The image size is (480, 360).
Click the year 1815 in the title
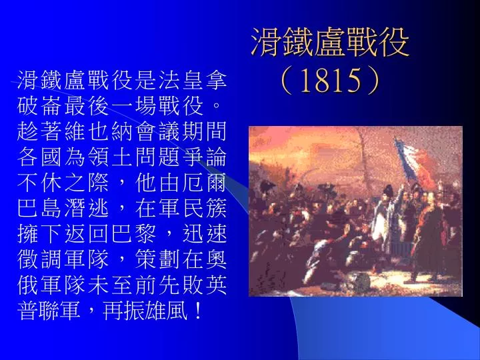point(331,81)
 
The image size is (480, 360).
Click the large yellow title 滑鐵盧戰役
point(330,42)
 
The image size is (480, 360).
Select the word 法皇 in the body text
point(181,80)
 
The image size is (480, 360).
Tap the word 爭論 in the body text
point(205,157)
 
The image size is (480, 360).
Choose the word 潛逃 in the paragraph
point(87,208)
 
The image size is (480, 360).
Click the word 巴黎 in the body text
point(134,234)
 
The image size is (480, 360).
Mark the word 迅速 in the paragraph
point(205,234)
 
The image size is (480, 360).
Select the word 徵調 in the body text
point(39,259)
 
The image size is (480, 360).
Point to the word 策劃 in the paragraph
point(157,259)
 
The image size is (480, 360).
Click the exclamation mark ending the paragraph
point(198,311)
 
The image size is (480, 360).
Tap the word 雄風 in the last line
point(166,311)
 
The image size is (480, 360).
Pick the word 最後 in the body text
point(87,106)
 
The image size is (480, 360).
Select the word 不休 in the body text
point(39,183)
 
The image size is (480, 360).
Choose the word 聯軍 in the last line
point(60,311)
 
